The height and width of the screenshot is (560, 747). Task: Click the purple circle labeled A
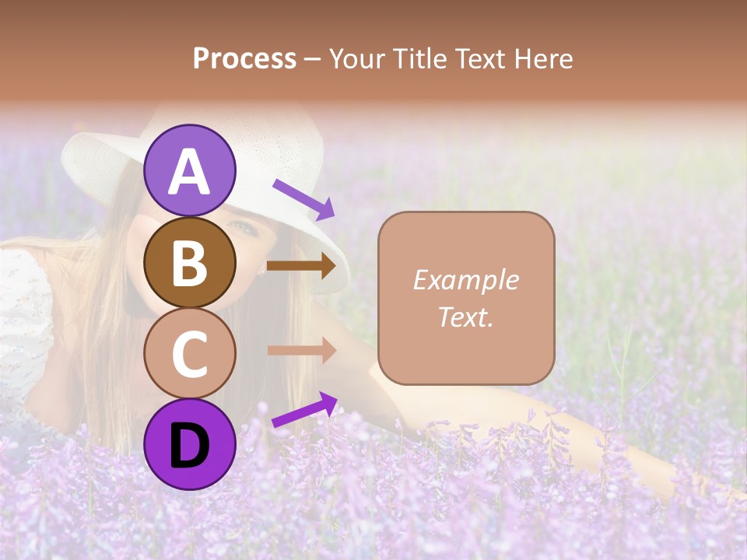tap(189, 170)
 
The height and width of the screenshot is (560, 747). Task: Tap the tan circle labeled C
tap(189, 353)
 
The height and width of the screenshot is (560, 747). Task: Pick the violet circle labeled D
tap(189, 444)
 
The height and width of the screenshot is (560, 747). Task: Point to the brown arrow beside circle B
tap(300, 266)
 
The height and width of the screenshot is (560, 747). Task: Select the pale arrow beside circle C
tap(300, 350)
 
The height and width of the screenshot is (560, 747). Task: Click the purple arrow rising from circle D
tap(304, 410)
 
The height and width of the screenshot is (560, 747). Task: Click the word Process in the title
tap(244, 59)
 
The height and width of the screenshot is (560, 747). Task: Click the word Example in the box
tap(465, 280)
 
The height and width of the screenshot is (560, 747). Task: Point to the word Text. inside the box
tap(465, 317)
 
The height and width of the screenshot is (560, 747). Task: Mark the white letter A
tap(189, 172)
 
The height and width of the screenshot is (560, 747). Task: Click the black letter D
tap(189, 445)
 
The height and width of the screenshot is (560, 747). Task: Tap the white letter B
tap(189, 263)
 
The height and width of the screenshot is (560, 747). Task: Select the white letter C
tap(189, 354)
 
